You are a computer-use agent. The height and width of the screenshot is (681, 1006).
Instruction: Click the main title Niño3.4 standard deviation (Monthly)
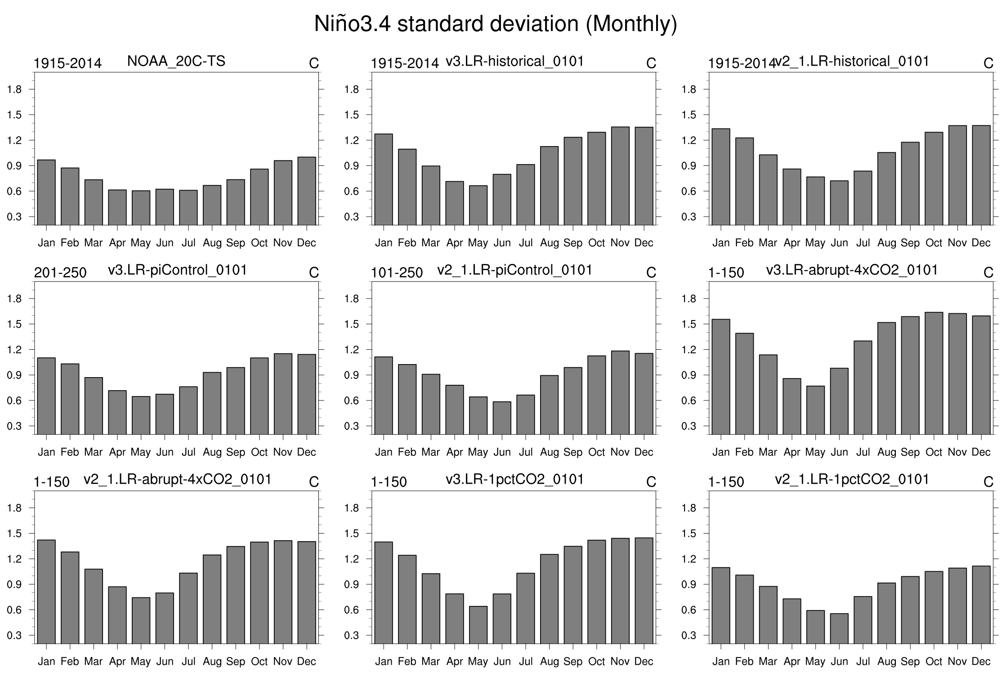[495, 24]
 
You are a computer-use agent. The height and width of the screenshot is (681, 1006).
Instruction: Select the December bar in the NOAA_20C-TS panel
[307, 191]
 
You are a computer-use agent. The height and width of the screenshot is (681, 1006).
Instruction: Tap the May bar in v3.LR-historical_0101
[478, 205]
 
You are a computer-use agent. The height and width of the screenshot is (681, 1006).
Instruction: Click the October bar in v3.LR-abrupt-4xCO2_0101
[934, 373]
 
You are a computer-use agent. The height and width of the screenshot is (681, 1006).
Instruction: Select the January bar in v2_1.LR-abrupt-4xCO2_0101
[46, 592]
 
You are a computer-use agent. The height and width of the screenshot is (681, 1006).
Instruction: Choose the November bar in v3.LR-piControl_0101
[283, 394]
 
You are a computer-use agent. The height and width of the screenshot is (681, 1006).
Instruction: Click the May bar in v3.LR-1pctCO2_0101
[478, 625]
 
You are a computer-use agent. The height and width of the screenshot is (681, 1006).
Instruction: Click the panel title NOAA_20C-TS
[176, 61]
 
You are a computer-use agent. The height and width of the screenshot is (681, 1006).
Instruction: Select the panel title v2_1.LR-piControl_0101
[514, 270]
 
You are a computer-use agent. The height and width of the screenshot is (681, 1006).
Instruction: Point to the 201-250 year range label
[60, 273]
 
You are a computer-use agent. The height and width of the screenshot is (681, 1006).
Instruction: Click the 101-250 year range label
[397, 273]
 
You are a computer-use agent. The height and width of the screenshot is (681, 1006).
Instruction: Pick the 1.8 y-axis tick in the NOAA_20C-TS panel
[15, 89]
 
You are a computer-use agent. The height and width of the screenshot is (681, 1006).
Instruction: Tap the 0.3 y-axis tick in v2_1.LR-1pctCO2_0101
[689, 636]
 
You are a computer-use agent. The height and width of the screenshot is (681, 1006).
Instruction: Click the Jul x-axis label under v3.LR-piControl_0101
[188, 452]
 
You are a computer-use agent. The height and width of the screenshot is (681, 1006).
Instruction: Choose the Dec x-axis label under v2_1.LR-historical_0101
[981, 243]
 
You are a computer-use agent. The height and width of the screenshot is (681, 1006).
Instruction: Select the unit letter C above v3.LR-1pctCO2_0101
[651, 482]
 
